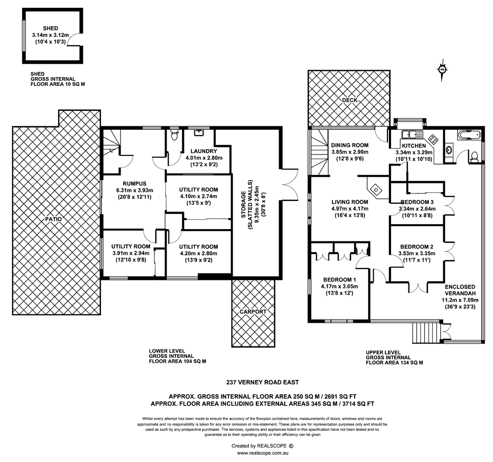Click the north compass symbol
coord(442,70)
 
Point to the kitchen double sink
coord(409,134)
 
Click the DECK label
coord(351,100)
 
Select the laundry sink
coord(200,132)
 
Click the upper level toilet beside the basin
coord(474,156)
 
